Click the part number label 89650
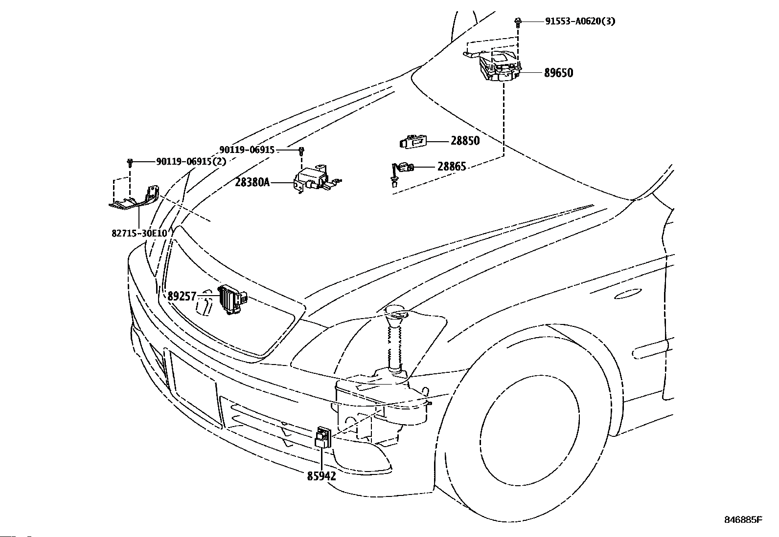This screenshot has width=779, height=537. pyautogui.click(x=558, y=73)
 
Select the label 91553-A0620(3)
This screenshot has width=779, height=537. pyautogui.click(x=580, y=21)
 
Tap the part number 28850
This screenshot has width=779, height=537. pyautogui.click(x=465, y=141)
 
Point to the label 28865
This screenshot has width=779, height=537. pyautogui.click(x=452, y=167)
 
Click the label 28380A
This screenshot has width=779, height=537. pyautogui.click(x=252, y=182)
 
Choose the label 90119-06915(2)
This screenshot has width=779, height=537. pyautogui.click(x=191, y=162)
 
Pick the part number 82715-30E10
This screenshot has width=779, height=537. pyautogui.click(x=139, y=234)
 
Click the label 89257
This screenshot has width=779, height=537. pyautogui.click(x=182, y=296)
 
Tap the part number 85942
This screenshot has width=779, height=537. pyautogui.click(x=321, y=476)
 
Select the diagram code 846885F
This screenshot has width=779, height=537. pyautogui.click(x=743, y=520)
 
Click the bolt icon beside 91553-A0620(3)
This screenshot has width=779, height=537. pyautogui.click(x=518, y=22)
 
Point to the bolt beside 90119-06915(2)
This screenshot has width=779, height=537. pyautogui.click(x=130, y=162)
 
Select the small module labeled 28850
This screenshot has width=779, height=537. pyautogui.click(x=413, y=142)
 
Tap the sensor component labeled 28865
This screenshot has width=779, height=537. pyautogui.click(x=402, y=172)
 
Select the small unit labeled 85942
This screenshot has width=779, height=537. pyautogui.click(x=323, y=438)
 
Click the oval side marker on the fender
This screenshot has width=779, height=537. pyautogui.click(x=628, y=294)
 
